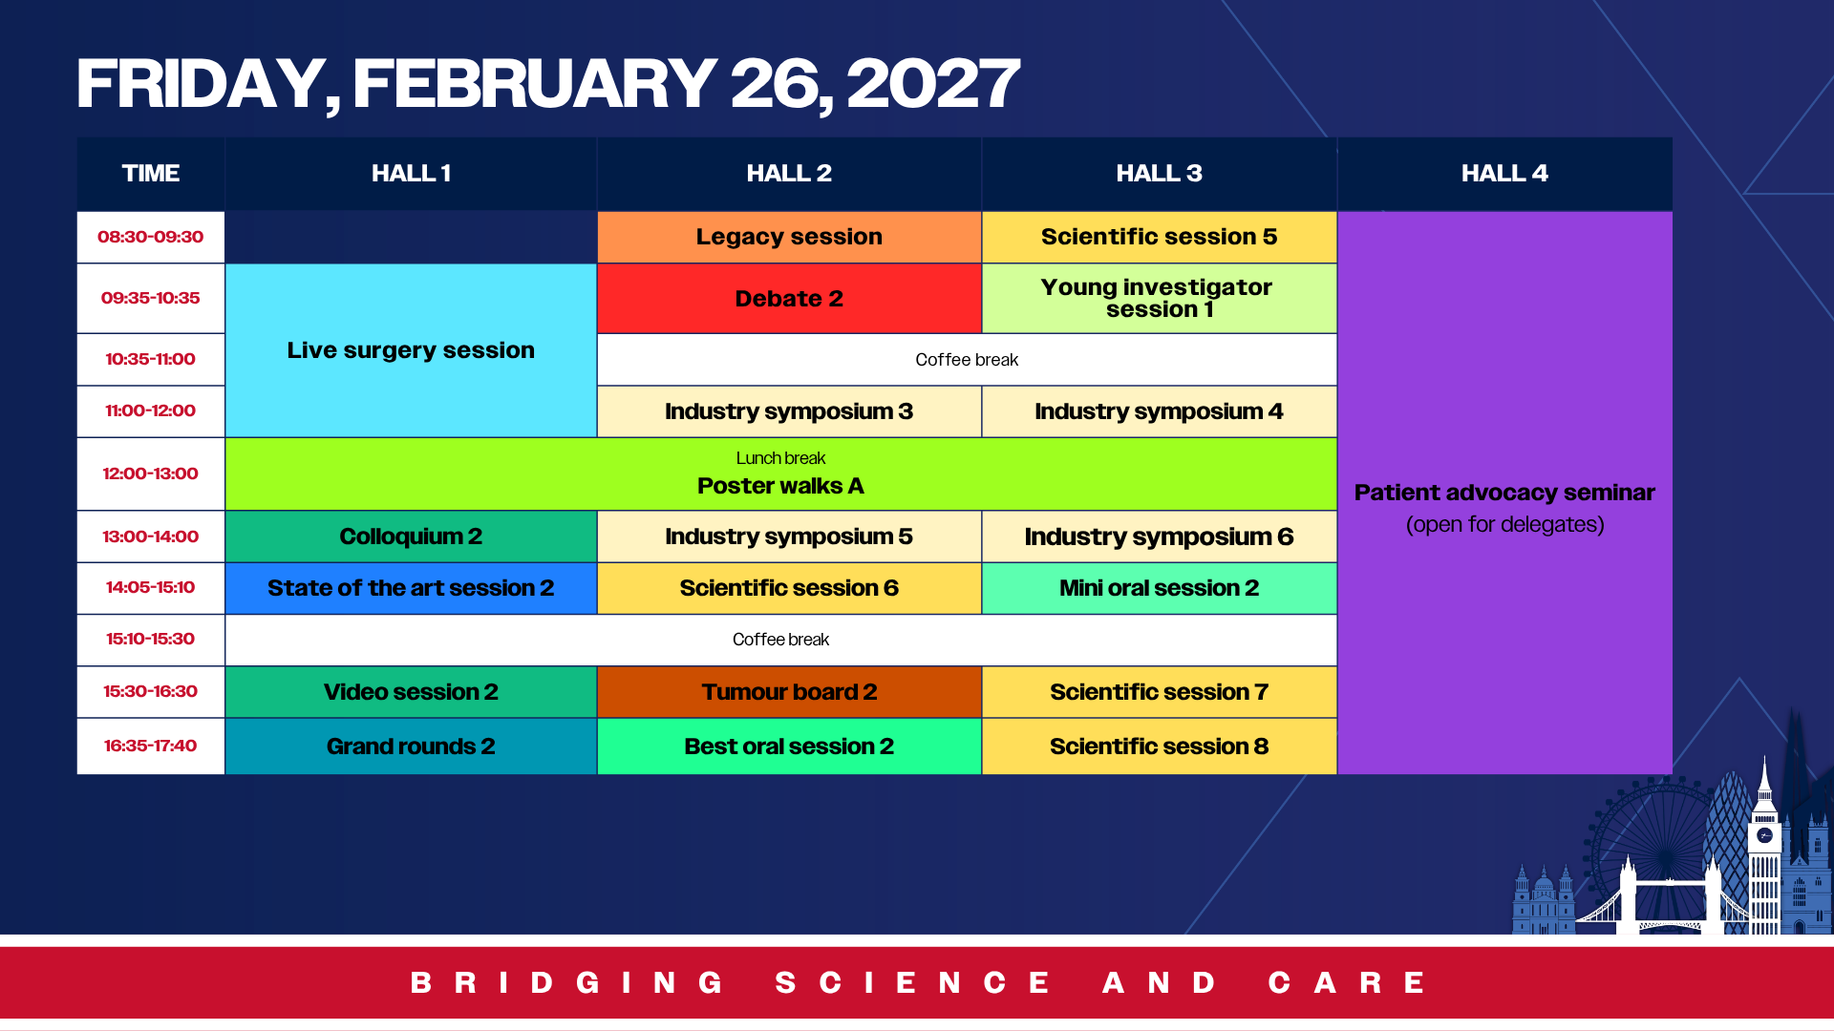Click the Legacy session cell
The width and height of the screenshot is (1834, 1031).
[789, 237]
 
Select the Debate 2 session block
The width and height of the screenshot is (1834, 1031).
[789, 299]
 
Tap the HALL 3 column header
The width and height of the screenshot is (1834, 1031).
[1159, 173]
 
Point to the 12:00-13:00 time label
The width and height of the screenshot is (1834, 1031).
[150, 473]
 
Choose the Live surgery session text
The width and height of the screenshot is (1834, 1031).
[411, 350]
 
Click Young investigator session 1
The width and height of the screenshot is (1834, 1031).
[1159, 299]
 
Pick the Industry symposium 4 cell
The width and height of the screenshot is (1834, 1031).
[1159, 411]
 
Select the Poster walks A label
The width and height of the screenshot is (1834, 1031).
[780, 486]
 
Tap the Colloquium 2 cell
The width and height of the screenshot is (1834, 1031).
[411, 537]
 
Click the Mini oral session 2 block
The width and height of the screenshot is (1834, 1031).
[1159, 588]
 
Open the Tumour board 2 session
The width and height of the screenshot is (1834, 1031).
[789, 692]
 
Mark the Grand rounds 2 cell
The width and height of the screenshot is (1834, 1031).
[411, 747]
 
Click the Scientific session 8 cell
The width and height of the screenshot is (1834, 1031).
[1159, 747]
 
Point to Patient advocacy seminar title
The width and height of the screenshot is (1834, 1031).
[1504, 493]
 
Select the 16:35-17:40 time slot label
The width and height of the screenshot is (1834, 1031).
[150, 746]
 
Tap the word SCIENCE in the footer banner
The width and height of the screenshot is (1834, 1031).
[913, 982]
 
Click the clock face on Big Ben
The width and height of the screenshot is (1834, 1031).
[1764, 835]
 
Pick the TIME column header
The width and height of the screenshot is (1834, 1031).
[150, 173]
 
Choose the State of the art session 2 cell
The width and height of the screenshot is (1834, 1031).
[411, 588]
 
